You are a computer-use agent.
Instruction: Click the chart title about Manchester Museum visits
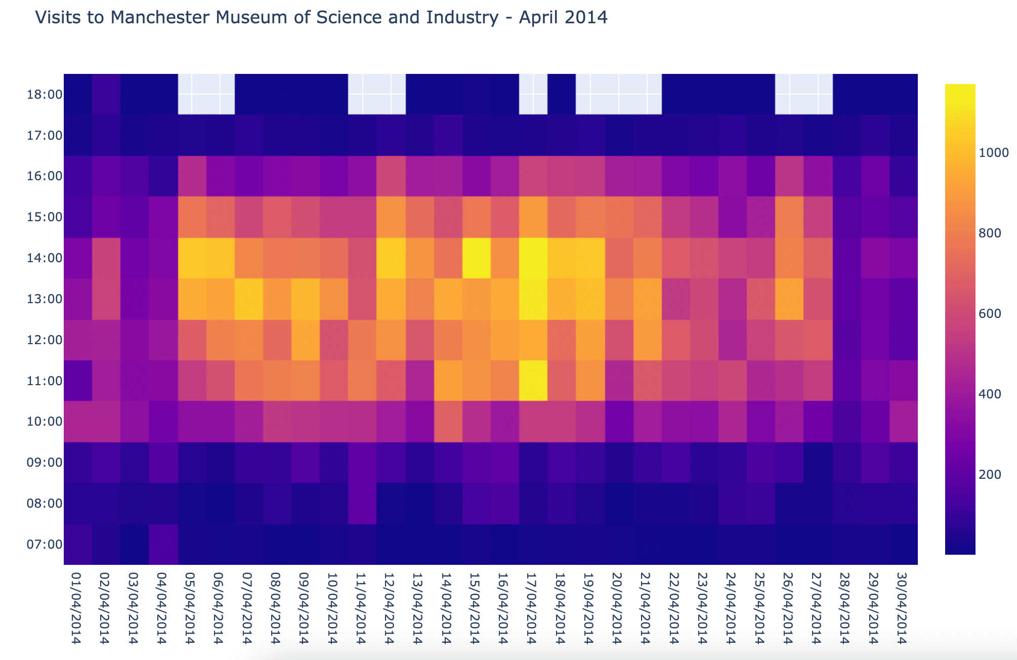click(x=321, y=18)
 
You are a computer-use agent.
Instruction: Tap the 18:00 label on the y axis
click(x=45, y=95)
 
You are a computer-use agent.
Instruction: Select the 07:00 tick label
click(x=45, y=545)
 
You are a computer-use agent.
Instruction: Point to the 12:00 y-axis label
click(x=45, y=340)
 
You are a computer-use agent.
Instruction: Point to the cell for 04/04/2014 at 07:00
click(x=163, y=545)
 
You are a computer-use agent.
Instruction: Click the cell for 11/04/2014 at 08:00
click(x=362, y=504)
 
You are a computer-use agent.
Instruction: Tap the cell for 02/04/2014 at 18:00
click(x=106, y=94)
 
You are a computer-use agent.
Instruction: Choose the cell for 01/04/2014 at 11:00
click(x=78, y=381)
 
